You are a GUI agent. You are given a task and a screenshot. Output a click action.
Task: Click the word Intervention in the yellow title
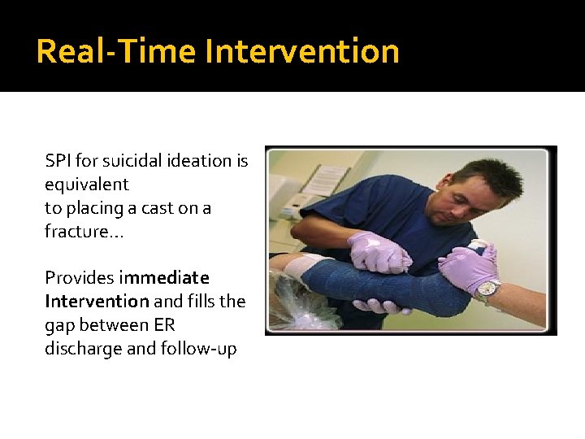click(x=302, y=51)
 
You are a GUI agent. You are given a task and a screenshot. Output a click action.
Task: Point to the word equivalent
click(x=87, y=185)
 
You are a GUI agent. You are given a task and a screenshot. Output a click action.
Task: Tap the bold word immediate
click(x=163, y=278)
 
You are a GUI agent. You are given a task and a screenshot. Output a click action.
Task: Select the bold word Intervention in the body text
click(x=97, y=302)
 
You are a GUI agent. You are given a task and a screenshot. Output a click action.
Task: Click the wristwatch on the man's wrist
click(x=487, y=287)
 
